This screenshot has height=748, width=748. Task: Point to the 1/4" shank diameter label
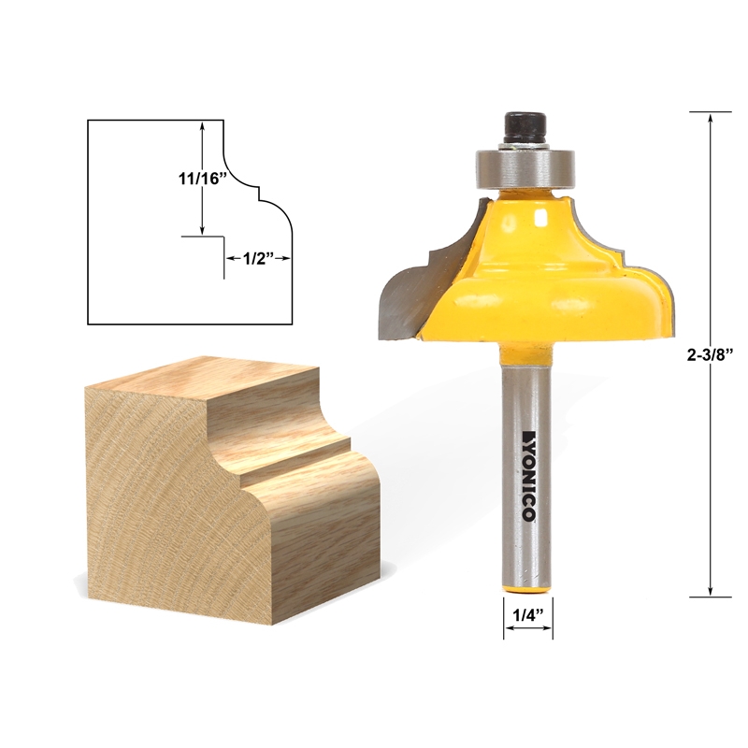[x=528, y=614]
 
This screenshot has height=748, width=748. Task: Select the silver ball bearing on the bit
[x=527, y=167]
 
